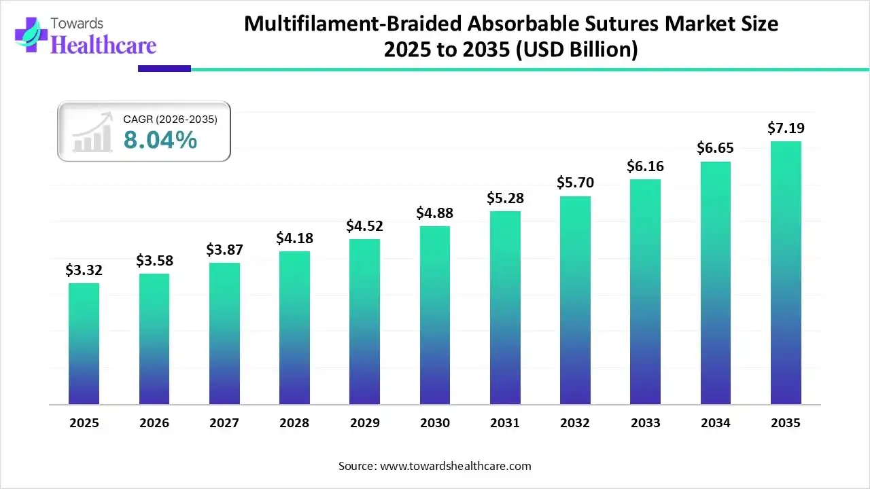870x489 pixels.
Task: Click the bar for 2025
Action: pyautogui.click(x=84, y=344)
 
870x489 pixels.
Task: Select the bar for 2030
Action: pyautogui.click(x=434, y=315)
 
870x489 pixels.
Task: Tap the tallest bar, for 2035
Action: pyautogui.click(x=786, y=273)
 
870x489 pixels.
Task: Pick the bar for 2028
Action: pyautogui.click(x=294, y=328)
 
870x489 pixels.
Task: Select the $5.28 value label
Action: pyautogui.click(x=504, y=198)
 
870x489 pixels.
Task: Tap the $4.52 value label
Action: pyautogui.click(x=364, y=226)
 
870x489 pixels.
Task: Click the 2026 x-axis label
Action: pyautogui.click(x=154, y=423)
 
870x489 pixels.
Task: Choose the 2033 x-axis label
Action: pyautogui.click(x=645, y=423)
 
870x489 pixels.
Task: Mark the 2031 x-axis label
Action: pyautogui.click(x=504, y=423)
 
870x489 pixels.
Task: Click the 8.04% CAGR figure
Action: pyautogui.click(x=160, y=140)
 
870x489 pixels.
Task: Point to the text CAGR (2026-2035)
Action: pyautogui.click(x=170, y=120)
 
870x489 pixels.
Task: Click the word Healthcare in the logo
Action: pyautogui.click(x=103, y=45)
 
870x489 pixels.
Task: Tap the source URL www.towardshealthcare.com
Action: pyautogui.click(x=455, y=466)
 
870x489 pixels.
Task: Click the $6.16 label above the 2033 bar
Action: pyautogui.click(x=644, y=166)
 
